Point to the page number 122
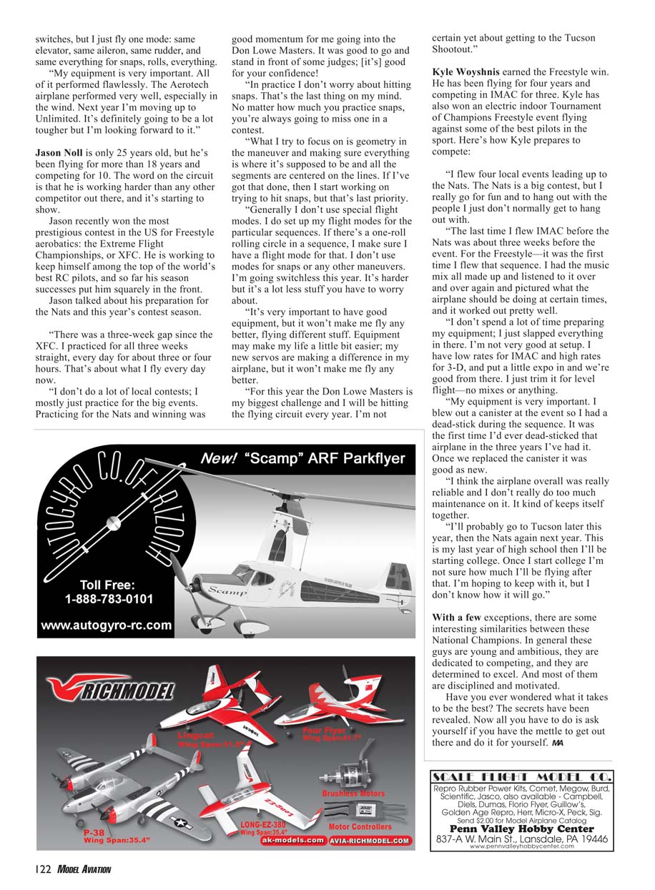click(x=42, y=869)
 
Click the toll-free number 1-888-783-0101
click(x=109, y=598)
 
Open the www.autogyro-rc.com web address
click(x=107, y=626)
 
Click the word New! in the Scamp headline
click(x=219, y=459)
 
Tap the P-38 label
click(x=94, y=833)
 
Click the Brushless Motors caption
click(x=353, y=793)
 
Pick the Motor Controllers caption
click(x=360, y=827)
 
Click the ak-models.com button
click(x=292, y=841)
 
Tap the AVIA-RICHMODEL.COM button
click(x=370, y=841)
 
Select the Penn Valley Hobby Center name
click(x=521, y=829)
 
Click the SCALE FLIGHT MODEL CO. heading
click(x=521, y=778)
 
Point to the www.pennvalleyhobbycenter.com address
click(x=521, y=846)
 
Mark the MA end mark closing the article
click(x=558, y=743)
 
